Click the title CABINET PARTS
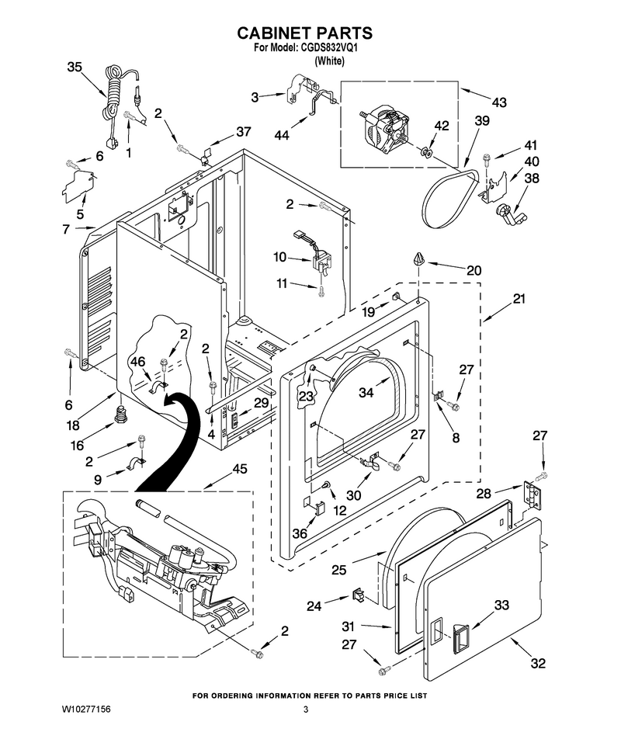point(304,33)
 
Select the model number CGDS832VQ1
point(330,48)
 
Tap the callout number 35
point(75,67)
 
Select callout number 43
point(499,102)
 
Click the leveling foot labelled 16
point(121,414)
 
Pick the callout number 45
point(240,468)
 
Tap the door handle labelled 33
point(460,637)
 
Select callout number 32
point(538,663)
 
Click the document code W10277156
point(86,710)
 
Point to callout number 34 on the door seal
point(366,392)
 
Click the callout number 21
point(519,299)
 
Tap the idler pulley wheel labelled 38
point(508,213)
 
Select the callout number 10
point(280,258)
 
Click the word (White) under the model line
point(329,61)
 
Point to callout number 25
point(339,570)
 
